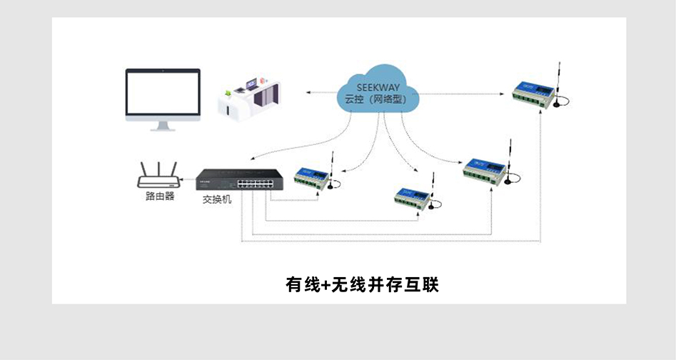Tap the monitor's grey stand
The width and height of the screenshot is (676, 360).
[163, 126]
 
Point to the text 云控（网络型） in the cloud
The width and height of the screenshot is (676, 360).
[375, 101]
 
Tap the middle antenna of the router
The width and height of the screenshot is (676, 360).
[158, 169]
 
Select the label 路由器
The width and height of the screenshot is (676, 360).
[159, 196]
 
